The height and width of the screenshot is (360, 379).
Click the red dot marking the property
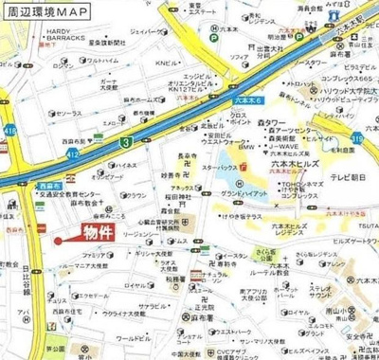[x=58, y=241]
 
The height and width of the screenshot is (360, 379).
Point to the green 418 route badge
[x=10, y=129]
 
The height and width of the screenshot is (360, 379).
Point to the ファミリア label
[x=94, y=256]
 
